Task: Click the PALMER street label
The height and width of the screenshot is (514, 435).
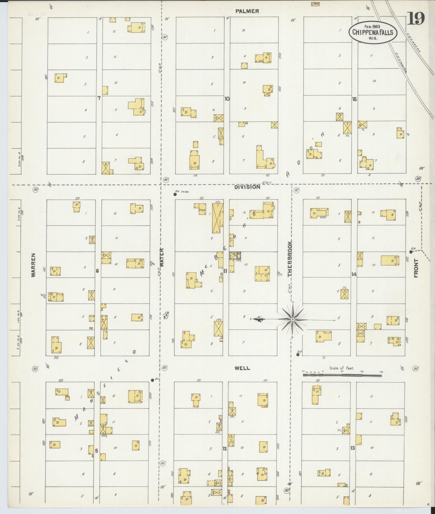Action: (247, 11)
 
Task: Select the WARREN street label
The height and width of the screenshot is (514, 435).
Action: (33, 265)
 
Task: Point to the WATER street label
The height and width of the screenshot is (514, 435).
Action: (162, 258)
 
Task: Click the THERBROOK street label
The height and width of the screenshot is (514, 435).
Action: (290, 259)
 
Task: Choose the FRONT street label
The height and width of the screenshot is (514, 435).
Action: (417, 268)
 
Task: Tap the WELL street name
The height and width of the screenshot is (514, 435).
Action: (243, 368)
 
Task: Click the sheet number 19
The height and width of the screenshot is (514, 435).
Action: (416, 19)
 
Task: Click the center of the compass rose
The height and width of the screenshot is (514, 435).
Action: (292, 319)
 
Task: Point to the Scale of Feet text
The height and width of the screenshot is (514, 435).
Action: (342, 368)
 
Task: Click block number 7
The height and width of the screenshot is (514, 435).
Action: (99, 98)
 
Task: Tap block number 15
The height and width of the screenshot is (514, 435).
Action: (354, 99)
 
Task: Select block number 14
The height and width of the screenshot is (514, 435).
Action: (354, 274)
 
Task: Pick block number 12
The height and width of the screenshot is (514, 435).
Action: (225, 448)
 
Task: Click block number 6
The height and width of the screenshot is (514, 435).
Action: (97, 271)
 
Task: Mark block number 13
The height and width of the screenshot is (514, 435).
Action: (353, 448)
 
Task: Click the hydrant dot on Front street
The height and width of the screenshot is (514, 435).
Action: (411, 252)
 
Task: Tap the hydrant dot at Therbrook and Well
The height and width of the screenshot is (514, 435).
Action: (298, 355)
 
